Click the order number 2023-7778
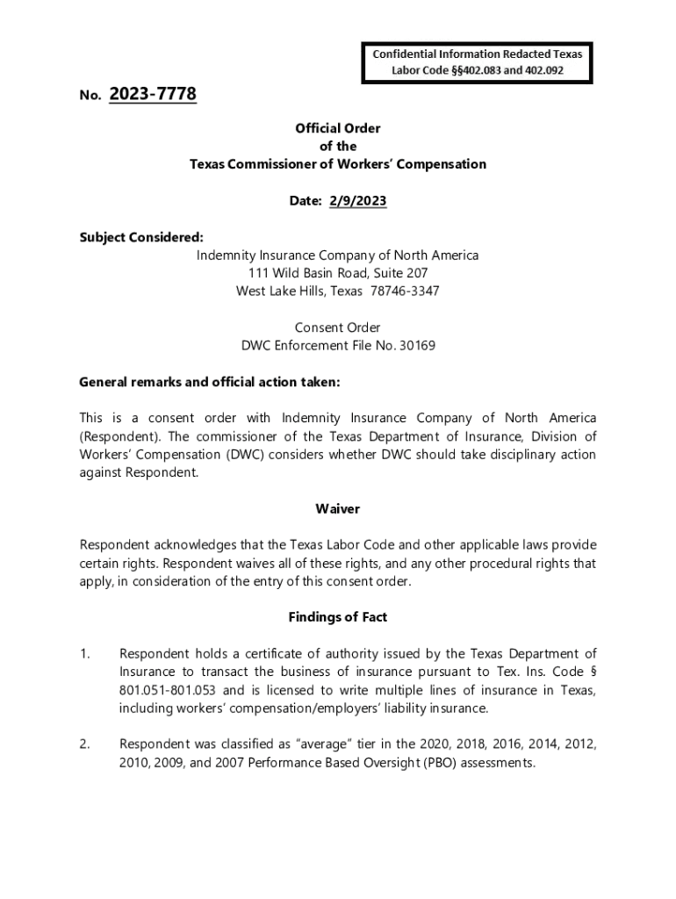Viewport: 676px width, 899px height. [153, 94]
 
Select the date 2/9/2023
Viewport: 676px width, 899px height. [357, 201]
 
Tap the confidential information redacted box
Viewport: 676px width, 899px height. [478, 61]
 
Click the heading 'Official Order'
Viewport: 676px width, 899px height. [338, 128]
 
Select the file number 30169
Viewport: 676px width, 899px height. [417, 346]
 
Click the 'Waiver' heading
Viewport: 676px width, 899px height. [337, 509]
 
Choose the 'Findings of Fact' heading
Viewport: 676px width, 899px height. [337, 617]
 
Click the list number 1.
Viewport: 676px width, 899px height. [84, 653]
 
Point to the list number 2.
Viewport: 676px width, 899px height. [84, 744]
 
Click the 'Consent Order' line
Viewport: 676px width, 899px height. [337, 327]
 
